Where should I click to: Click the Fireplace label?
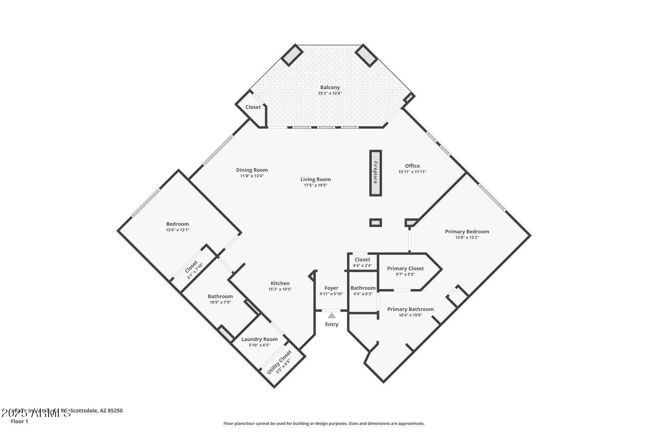pos(375,173)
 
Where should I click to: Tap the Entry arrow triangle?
pos(332,315)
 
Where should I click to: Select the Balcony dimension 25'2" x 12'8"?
pos(330,93)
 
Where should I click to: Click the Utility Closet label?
pos(279,360)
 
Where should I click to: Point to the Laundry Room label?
pos(259,339)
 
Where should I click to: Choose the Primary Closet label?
pos(405,268)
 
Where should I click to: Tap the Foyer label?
pos(331,288)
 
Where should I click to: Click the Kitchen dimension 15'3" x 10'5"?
pos(280,289)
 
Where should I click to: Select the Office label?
pos(412,166)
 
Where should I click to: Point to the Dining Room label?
pos(252,170)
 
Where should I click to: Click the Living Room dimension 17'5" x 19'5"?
pos(315,185)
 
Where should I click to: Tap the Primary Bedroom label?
pos(467,231)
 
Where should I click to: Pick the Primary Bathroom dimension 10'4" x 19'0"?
pos(410,315)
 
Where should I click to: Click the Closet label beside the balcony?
pos(253,107)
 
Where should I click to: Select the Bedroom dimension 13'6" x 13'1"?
pos(177,230)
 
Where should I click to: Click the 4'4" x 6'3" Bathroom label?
pos(363,288)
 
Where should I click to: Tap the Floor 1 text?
pos(19,421)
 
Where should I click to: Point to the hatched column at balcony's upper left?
pos(292,55)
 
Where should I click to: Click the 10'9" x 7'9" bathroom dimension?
pos(220,302)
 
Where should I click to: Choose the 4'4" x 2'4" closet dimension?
pos(362,265)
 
